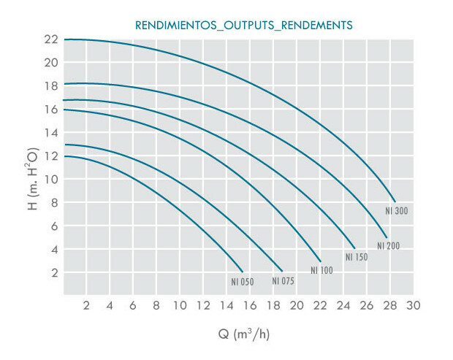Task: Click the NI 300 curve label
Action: point(396,211)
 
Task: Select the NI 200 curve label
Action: point(388,246)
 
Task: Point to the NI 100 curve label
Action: point(321,270)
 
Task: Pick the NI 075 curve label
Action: point(283,281)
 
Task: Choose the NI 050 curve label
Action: point(243,281)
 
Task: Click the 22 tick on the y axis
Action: point(50,39)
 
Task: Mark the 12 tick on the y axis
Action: point(50,156)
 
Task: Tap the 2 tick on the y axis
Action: point(53,272)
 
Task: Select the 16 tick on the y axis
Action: point(50,109)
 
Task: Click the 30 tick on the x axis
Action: point(414,305)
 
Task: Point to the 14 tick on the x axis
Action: point(226,305)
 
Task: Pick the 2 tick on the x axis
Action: point(86,305)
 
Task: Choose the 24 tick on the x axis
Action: point(343,305)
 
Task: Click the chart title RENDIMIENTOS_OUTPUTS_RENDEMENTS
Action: point(244,25)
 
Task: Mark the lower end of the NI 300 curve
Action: point(395,202)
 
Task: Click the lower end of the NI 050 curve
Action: point(243,272)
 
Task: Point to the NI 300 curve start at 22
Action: point(65,39)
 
